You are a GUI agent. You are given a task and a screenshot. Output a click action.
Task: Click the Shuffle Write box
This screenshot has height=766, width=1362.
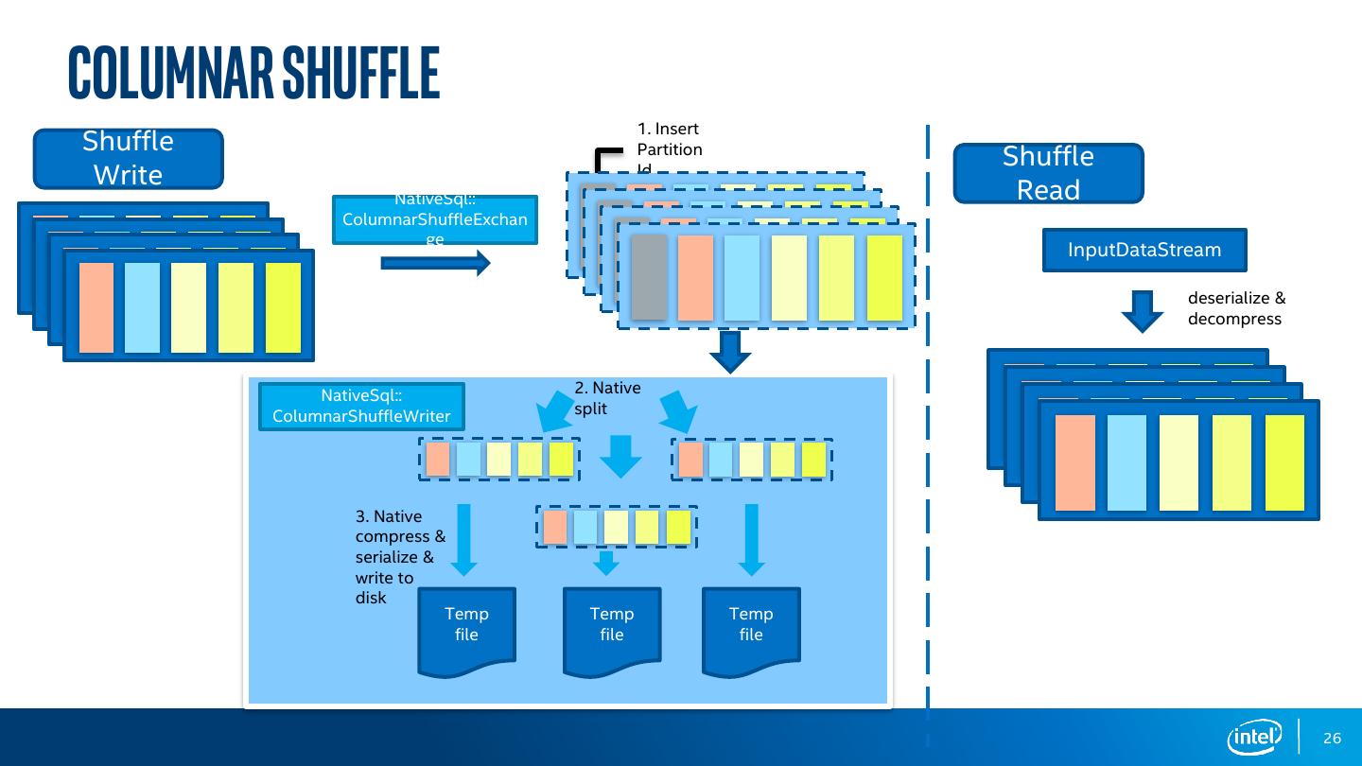129,159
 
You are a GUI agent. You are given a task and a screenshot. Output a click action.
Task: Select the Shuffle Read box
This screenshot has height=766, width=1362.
1048,174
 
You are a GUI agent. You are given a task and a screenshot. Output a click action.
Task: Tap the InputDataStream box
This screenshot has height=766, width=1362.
1144,251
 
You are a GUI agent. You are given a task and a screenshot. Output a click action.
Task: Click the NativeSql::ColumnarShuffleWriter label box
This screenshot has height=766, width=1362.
361,407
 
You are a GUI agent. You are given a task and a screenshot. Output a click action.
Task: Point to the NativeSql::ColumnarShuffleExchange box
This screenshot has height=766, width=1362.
435,219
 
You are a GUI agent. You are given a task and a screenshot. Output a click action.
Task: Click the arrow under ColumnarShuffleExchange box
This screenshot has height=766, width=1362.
436,263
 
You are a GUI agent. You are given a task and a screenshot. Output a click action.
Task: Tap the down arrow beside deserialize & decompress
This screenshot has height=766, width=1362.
1143,310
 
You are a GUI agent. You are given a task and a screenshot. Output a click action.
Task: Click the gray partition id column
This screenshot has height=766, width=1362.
649,277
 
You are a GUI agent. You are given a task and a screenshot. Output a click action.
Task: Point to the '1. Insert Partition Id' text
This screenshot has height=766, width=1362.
670,148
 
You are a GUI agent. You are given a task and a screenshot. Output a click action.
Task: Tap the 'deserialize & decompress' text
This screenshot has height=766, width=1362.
1236,308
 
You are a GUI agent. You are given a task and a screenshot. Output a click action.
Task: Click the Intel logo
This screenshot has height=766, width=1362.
1254,738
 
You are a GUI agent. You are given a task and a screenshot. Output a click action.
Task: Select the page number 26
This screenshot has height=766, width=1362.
1333,739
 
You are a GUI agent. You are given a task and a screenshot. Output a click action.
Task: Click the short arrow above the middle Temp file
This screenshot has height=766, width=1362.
607,564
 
